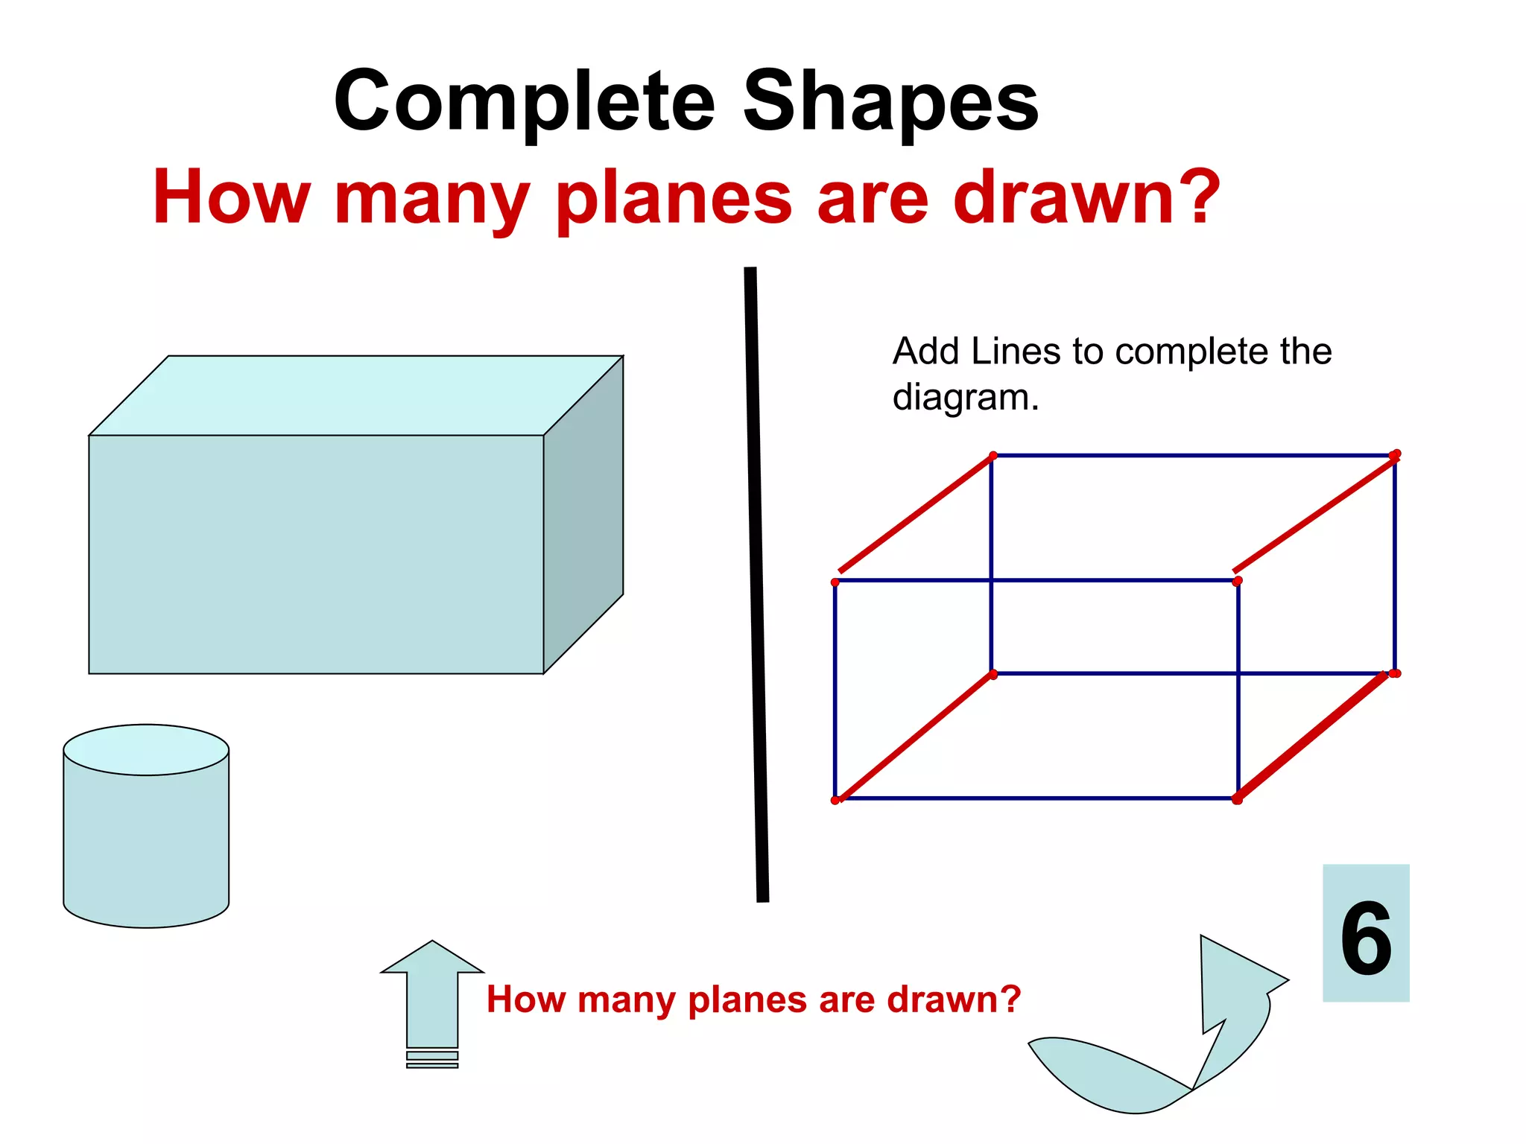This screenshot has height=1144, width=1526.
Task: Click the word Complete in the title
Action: [x=524, y=102]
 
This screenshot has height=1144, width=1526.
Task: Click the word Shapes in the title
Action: [x=890, y=102]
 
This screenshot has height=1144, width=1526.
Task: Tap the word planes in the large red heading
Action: [x=674, y=198]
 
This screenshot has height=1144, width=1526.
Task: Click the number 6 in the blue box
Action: [x=1366, y=938]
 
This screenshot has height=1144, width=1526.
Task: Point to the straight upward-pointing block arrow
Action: [x=432, y=998]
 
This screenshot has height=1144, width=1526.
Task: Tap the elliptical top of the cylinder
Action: [x=146, y=750]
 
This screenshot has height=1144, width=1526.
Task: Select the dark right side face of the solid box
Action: [x=583, y=514]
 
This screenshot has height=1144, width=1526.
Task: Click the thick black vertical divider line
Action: [x=756, y=585]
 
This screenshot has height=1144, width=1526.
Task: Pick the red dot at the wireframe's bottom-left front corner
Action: [x=835, y=800]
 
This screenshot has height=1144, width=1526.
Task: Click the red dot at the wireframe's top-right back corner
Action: [x=1396, y=454]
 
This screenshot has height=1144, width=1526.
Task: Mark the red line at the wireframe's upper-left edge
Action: [x=915, y=513]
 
